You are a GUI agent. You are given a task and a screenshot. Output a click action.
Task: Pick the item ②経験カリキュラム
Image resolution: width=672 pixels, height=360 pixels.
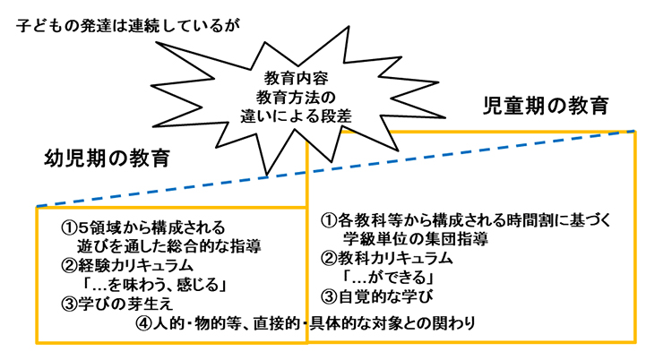coord(129,266)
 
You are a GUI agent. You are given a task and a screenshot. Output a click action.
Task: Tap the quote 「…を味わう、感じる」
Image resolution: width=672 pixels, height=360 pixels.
coord(151,285)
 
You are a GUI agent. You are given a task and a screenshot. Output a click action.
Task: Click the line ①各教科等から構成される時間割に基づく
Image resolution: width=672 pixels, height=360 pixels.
coord(466,219)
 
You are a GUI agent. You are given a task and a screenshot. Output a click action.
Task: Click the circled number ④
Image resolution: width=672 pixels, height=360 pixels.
coord(146,322)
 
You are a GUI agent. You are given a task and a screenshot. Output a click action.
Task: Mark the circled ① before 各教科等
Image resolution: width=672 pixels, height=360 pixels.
coord(329,219)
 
